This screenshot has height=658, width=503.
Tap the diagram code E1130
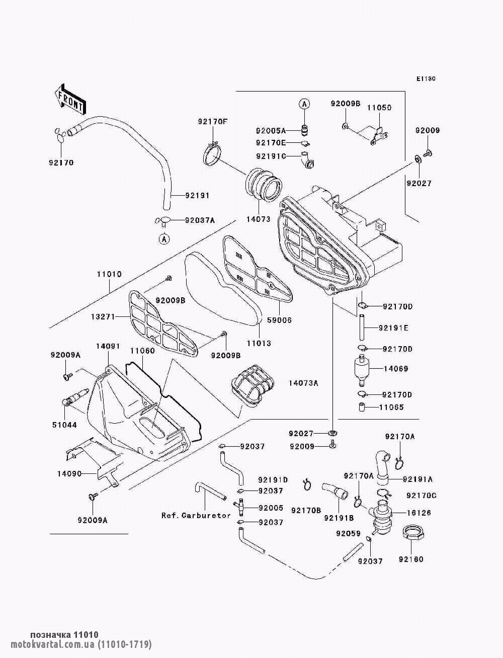[x=426, y=78]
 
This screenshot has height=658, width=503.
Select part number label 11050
[x=379, y=108]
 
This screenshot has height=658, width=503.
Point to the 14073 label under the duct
[x=258, y=219]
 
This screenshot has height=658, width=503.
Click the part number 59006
[x=280, y=320]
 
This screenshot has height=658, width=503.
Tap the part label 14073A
[x=303, y=383]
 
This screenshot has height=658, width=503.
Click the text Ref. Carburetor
[x=196, y=515]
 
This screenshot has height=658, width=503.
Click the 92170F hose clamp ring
[x=213, y=153]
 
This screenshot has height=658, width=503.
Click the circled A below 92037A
[x=163, y=239]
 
